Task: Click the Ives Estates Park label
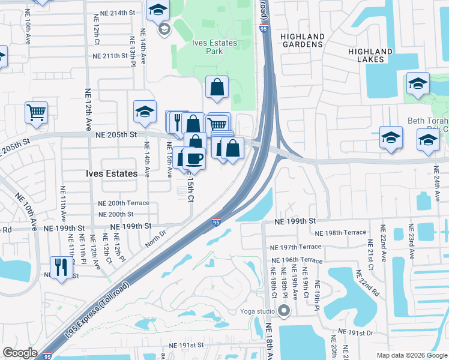tap(214, 47)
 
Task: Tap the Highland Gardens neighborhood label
tap(303, 41)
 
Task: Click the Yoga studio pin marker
tap(284, 311)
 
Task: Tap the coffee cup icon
tap(194, 159)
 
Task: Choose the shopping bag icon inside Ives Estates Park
tap(217, 88)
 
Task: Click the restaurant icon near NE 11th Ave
tap(61, 267)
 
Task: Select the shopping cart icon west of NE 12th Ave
tap(36, 112)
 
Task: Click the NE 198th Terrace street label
tap(340, 233)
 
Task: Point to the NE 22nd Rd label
tap(367, 283)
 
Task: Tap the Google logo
tap(20, 353)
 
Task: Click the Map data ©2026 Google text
tap(411, 355)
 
